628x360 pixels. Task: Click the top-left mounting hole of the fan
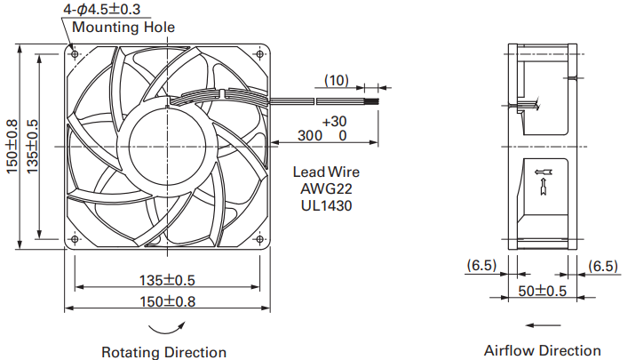pyautogui.click(x=75, y=53)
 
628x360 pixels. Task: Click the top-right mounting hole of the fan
pyautogui.click(x=260, y=53)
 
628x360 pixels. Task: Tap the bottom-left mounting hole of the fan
pyautogui.click(x=75, y=239)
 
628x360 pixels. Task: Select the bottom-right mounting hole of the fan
pyautogui.click(x=260, y=239)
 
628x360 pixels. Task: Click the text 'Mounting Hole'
pyautogui.click(x=123, y=28)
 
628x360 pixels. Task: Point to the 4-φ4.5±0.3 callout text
pyautogui.click(x=102, y=9)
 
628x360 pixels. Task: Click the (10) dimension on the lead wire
pyautogui.click(x=337, y=80)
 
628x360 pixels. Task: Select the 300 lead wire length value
pyautogui.click(x=310, y=135)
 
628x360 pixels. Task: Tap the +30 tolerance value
pyautogui.click(x=334, y=121)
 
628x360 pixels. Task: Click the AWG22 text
pyautogui.click(x=326, y=188)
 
